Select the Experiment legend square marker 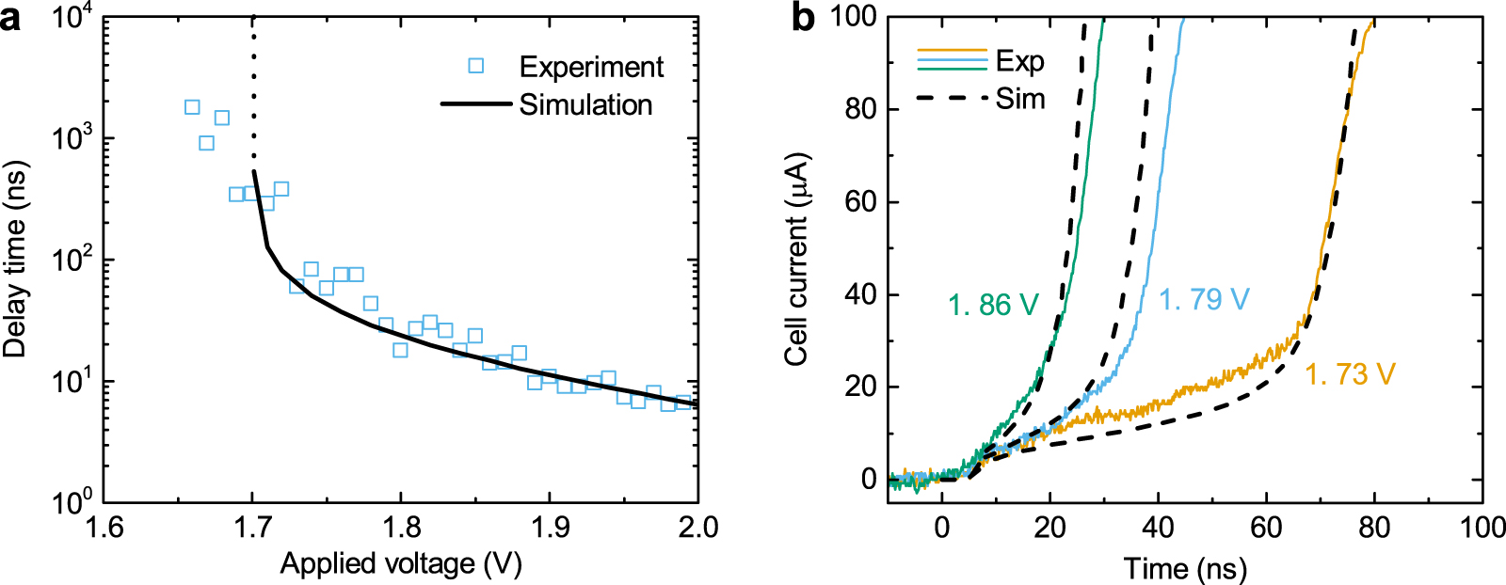(x=476, y=66)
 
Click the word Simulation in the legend (x=585, y=104)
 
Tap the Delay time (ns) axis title (x=15, y=259)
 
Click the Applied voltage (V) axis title (x=401, y=563)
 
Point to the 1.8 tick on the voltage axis (x=401, y=527)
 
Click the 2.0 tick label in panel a (x=697, y=527)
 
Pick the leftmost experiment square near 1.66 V (x=192, y=107)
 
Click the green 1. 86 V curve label (x=993, y=305)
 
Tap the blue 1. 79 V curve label (x=1204, y=300)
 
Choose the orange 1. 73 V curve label (x=1349, y=374)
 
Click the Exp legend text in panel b (x=1019, y=61)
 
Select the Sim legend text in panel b (x=1020, y=99)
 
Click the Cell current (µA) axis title (x=796, y=259)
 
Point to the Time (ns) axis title (x=1185, y=568)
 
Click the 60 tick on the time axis (x=1266, y=527)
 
